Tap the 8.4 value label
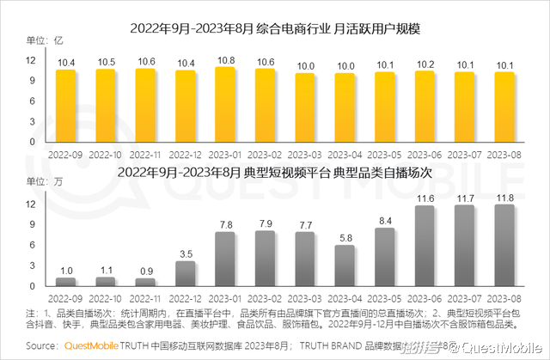(x=385, y=220)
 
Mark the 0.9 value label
(x=146, y=271)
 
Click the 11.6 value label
(x=425, y=198)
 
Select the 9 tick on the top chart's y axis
(x=30, y=80)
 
